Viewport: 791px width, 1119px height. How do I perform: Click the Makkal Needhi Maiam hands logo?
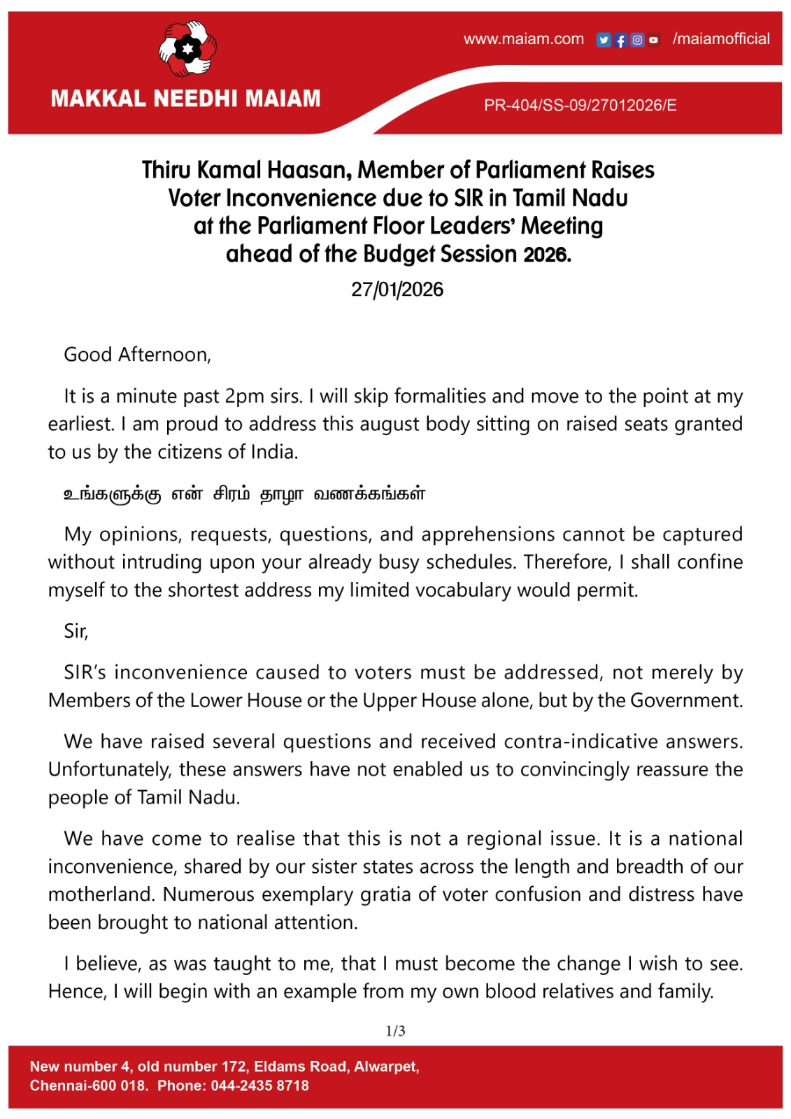(x=187, y=49)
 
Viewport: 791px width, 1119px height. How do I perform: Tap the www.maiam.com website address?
(x=523, y=39)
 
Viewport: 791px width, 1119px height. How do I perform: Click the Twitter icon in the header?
(x=604, y=40)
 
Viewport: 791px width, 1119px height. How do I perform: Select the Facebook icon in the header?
(x=620, y=40)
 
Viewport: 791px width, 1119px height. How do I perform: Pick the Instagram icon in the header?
(x=637, y=40)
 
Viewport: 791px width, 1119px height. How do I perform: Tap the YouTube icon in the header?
(x=653, y=40)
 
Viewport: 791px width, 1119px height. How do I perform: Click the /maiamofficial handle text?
(x=721, y=39)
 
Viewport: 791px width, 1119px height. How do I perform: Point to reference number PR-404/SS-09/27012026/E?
(x=580, y=106)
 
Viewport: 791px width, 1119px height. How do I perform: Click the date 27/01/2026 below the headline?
(x=397, y=290)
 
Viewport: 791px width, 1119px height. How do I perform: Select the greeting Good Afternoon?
(x=137, y=355)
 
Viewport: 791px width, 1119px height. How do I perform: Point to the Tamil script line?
(x=244, y=494)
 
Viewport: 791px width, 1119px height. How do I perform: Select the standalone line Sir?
(x=76, y=632)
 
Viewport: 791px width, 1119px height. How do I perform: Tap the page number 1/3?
(x=395, y=1031)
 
